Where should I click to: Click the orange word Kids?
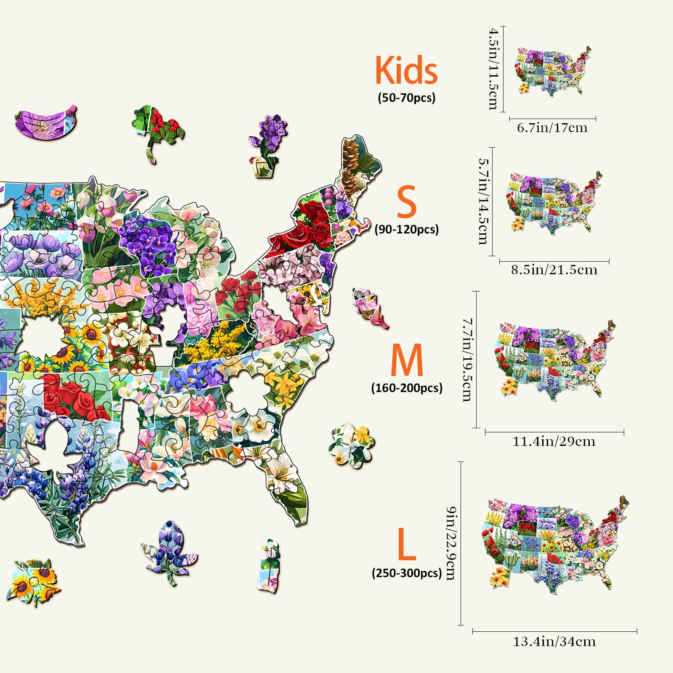406,70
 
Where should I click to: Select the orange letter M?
406,360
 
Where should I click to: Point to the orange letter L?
406,545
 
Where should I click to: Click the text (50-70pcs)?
406,98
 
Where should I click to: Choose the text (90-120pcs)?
406,229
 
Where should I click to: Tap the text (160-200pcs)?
406,387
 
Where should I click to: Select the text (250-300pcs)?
406,573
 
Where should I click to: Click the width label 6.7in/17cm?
552,127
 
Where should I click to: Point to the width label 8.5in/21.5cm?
554,270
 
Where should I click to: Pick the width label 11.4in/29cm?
554,441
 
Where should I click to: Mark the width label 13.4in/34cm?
554,641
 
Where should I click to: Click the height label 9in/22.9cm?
450,543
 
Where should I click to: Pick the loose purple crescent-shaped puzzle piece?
45,122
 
